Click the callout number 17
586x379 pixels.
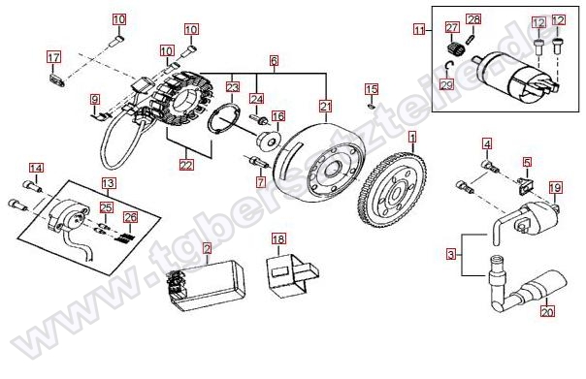[53, 57]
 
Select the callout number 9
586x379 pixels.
[95, 100]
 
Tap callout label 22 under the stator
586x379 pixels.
[186, 164]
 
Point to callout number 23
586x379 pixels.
[233, 87]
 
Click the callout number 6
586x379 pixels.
[274, 60]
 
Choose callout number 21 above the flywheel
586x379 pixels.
[326, 107]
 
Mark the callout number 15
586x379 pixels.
[372, 89]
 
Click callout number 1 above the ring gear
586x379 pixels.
[412, 138]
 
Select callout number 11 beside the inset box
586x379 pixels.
[419, 29]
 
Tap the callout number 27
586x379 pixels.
[451, 28]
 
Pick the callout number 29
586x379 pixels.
[446, 85]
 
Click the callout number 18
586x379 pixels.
[278, 238]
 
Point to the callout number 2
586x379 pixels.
[207, 248]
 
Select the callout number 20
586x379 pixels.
[547, 311]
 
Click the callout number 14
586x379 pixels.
[36, 169]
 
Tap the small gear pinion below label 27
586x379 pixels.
[455, 48]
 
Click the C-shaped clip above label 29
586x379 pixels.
[449, 66]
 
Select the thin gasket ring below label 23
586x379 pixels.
[224, 120]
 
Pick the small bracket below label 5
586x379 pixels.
[525, 186]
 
